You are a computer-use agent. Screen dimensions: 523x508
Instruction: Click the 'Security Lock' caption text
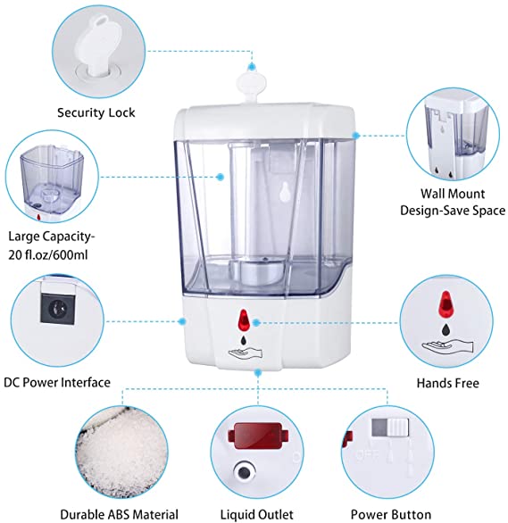[96, 112]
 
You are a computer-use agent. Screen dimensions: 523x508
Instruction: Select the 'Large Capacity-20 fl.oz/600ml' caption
[53, 245]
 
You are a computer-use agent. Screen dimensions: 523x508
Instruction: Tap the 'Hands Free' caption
[447, 383]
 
